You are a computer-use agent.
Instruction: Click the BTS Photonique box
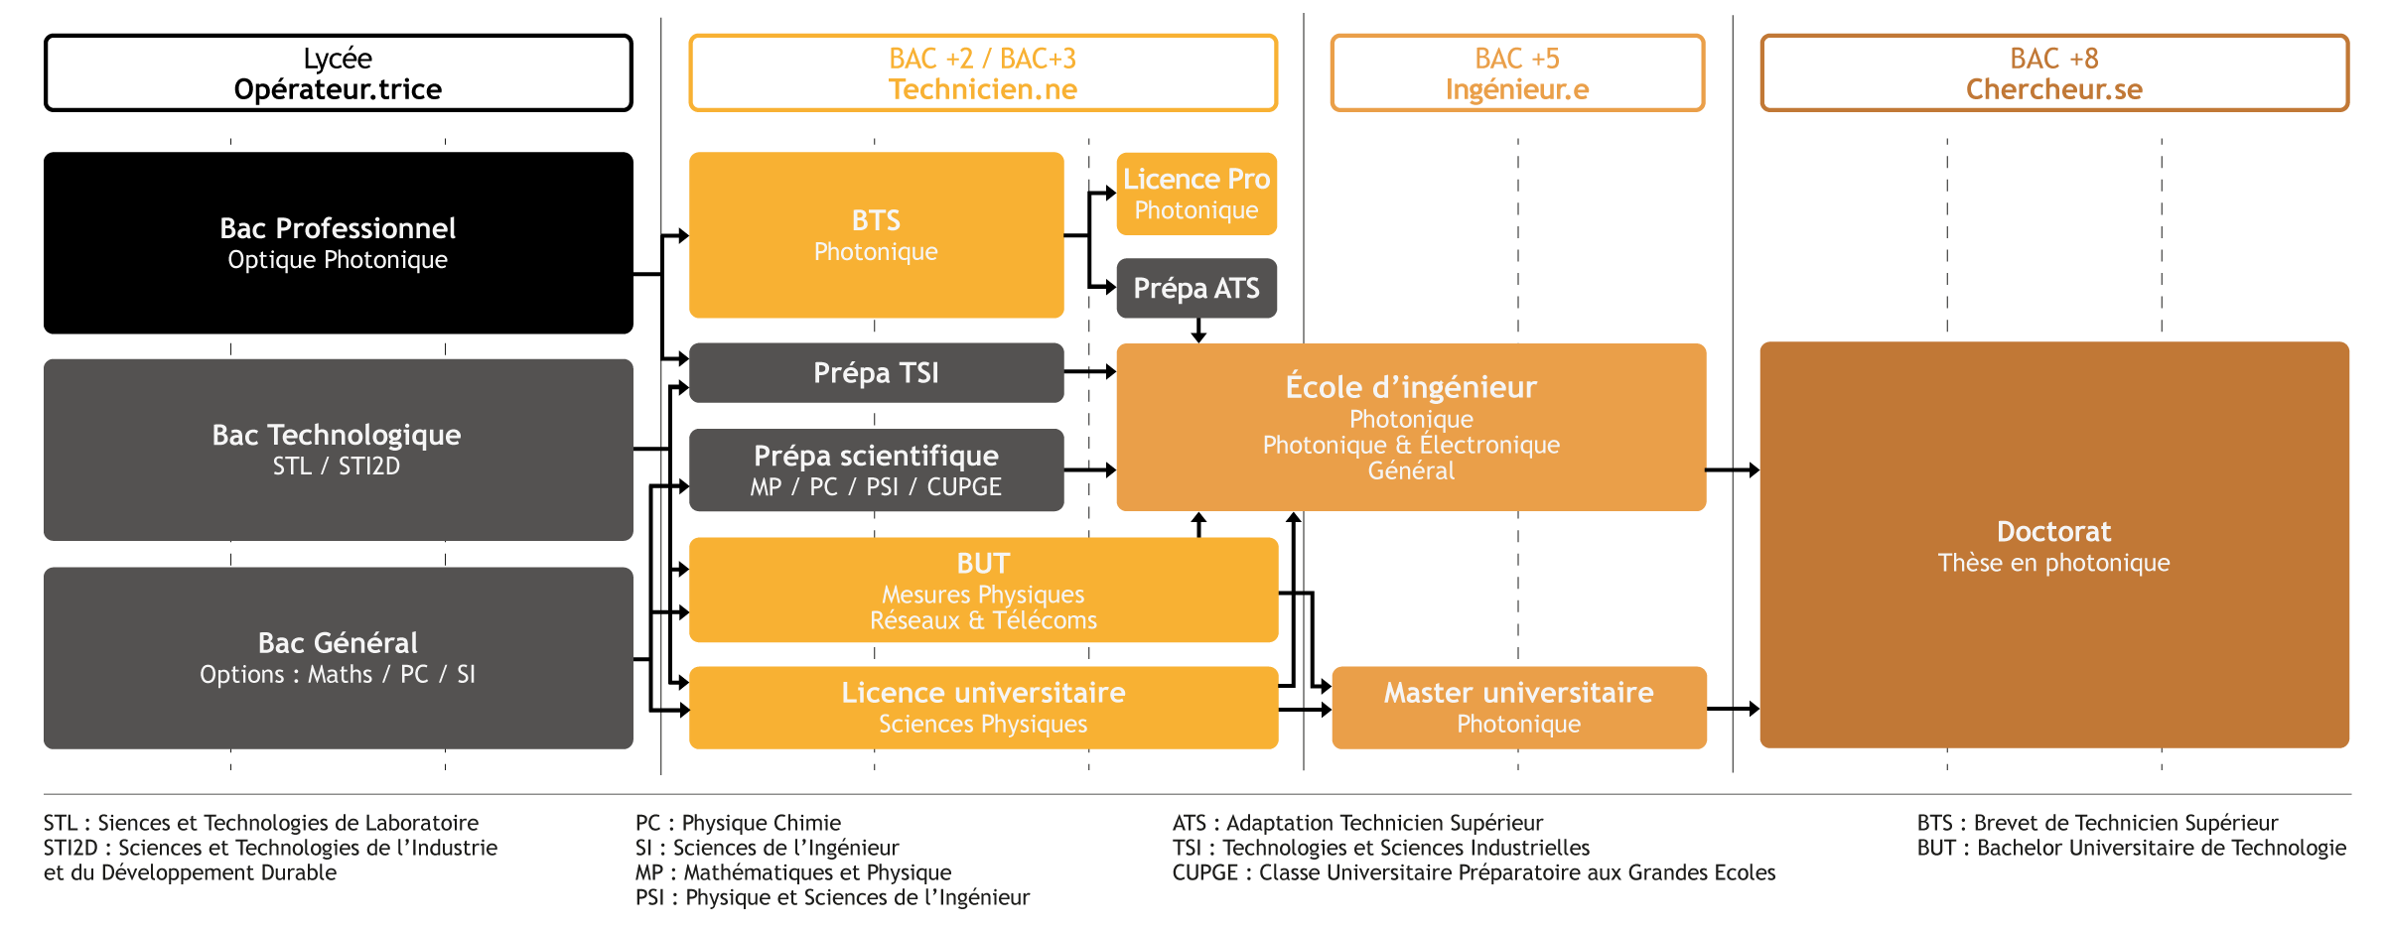(876, 235)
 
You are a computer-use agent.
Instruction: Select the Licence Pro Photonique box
(1195, 194)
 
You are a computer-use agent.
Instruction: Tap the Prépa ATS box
(1195, 288)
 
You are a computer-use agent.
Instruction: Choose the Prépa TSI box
(876, 372)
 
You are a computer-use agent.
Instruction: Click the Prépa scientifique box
(876, 470)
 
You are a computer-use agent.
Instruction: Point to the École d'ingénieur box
(1410, 427)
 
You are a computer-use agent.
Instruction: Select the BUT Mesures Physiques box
(983, 590)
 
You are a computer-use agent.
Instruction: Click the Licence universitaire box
(983, 707)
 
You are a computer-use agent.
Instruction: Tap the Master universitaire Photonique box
(1518, 707)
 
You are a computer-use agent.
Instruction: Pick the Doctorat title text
(2053, 532)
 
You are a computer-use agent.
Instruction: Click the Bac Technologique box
(338, 449)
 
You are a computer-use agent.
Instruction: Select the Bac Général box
(338, 657)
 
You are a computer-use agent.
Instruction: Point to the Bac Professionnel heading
(338, 228)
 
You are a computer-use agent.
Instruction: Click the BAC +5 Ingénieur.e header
(1517, 72)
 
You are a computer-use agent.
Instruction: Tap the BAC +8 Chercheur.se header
(2053, 72)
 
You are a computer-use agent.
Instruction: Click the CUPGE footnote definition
(1474, 872)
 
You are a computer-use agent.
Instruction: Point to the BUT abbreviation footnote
(2131, 848)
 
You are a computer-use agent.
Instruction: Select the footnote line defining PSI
(832, 897)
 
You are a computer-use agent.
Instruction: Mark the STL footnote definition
(260, 823)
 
